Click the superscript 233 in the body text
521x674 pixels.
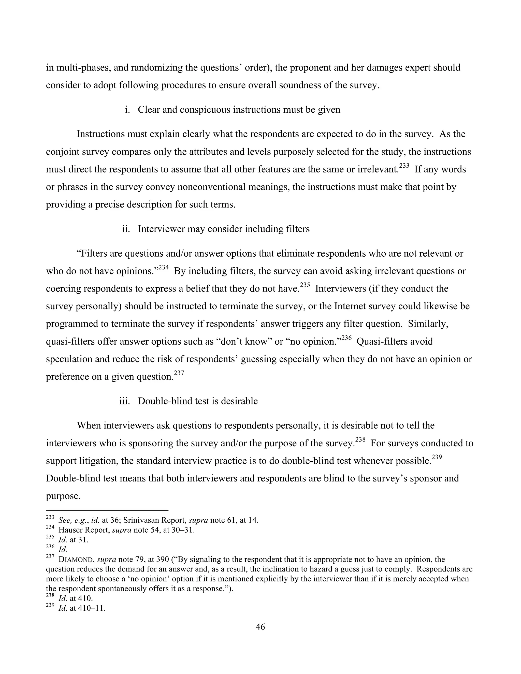tap(404, 166)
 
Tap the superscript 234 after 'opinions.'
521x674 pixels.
tap(164, 267)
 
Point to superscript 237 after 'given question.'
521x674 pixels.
tap(179, 373)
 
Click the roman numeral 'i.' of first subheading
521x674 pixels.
tap(127, 110)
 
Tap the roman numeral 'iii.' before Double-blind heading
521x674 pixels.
tap(124, 401)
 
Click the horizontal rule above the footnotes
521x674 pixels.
tap(107, 510)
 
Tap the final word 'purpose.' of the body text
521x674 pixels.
tap(63, 496)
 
